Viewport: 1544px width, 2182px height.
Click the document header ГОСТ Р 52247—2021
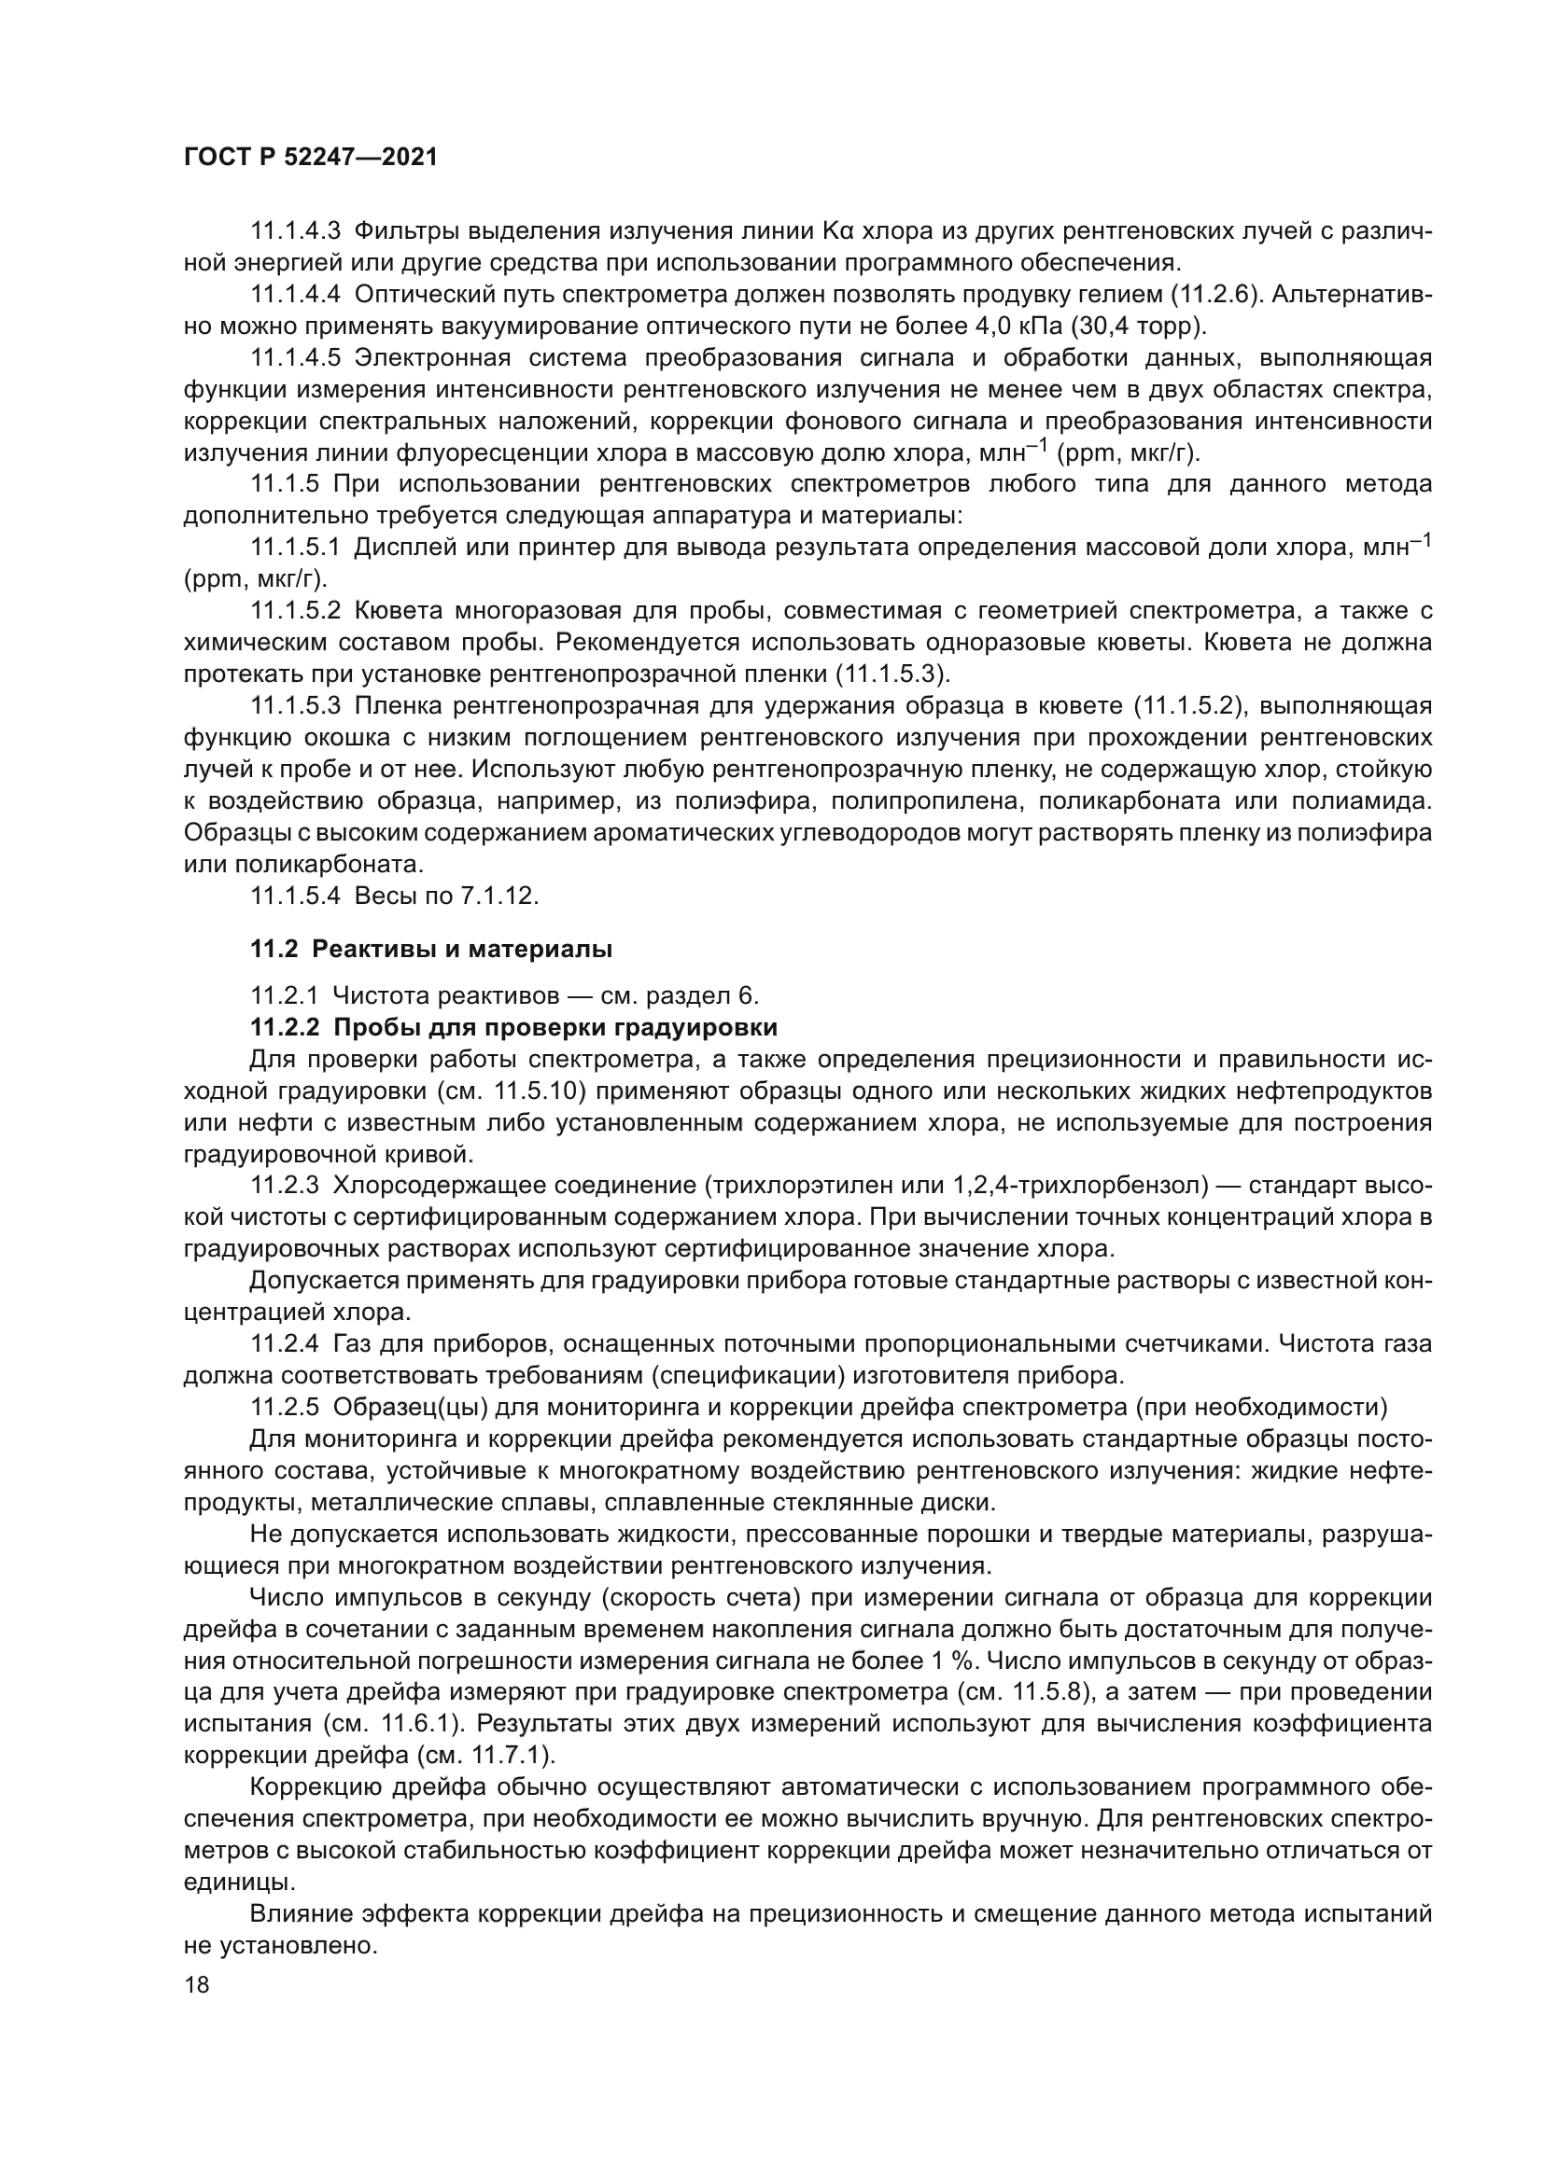tap(310, 158)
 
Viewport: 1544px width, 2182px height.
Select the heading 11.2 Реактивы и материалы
tap(430, 949)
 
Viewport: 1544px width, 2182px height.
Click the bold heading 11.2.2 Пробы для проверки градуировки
tap(513, 1027)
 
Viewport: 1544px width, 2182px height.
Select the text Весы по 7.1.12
tap(446, 896)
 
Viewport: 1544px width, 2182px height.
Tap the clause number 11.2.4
tap(281, 1345)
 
